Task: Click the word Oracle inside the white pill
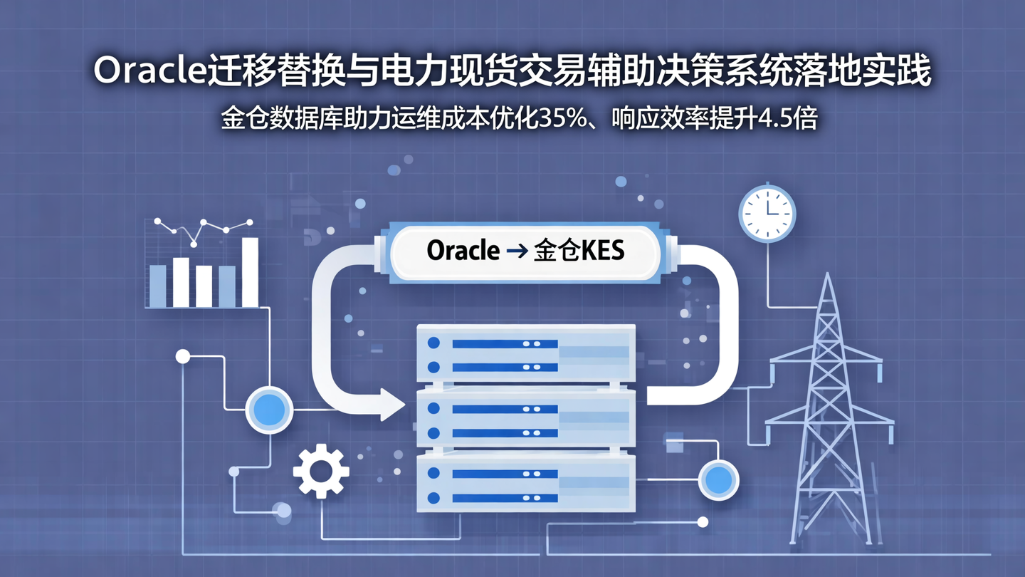pyautogui.click(x=463, y=251)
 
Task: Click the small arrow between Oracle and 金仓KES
pyautogui.click(x=516, y=251)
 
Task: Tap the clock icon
pyautogui.click(x=767, y=212)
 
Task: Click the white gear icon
pyautogui.click(x=321, y=471)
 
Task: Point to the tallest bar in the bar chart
pyautogui.click(x=250, y=271)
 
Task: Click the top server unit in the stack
pyautogui.click(x=525, y=354)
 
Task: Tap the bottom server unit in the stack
pyautogui.click(x=525, y=484)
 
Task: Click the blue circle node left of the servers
pyautogui.click(x=269, y=410)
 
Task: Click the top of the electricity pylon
pyautogui.click(x=826, y=279)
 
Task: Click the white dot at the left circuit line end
pyautogui.click(x=183, y=356)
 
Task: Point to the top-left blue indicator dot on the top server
pyautogui.click(x=433, y=343)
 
